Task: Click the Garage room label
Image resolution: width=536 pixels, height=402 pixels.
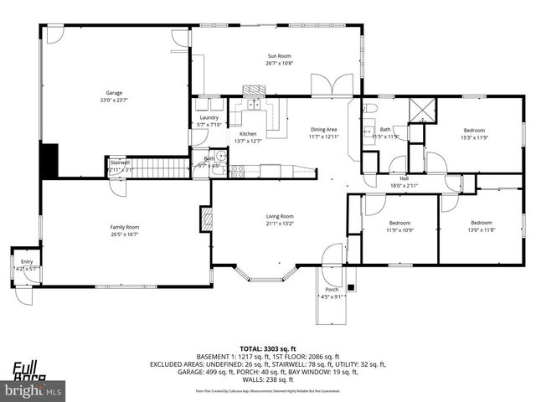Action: coord(114,94)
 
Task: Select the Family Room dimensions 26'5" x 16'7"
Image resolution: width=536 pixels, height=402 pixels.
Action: coord(125,234)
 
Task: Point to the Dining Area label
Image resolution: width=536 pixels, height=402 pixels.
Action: coord(323,129)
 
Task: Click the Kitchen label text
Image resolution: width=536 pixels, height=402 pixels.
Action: coord(248,134)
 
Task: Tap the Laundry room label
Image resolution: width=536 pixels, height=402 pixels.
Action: coord(209,117)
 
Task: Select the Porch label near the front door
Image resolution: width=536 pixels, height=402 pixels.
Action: coord(332,290)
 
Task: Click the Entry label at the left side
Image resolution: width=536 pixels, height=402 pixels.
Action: coord(27,262)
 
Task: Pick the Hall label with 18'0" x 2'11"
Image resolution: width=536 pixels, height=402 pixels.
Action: coord(404,178)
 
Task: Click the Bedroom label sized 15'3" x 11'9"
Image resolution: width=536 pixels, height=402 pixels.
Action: coord(474,130)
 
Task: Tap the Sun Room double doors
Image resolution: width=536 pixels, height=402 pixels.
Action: coord(326,85)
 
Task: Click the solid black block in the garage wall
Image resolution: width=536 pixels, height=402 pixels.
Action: coord(49,161)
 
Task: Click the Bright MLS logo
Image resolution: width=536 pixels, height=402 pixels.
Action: coord(33,390)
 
